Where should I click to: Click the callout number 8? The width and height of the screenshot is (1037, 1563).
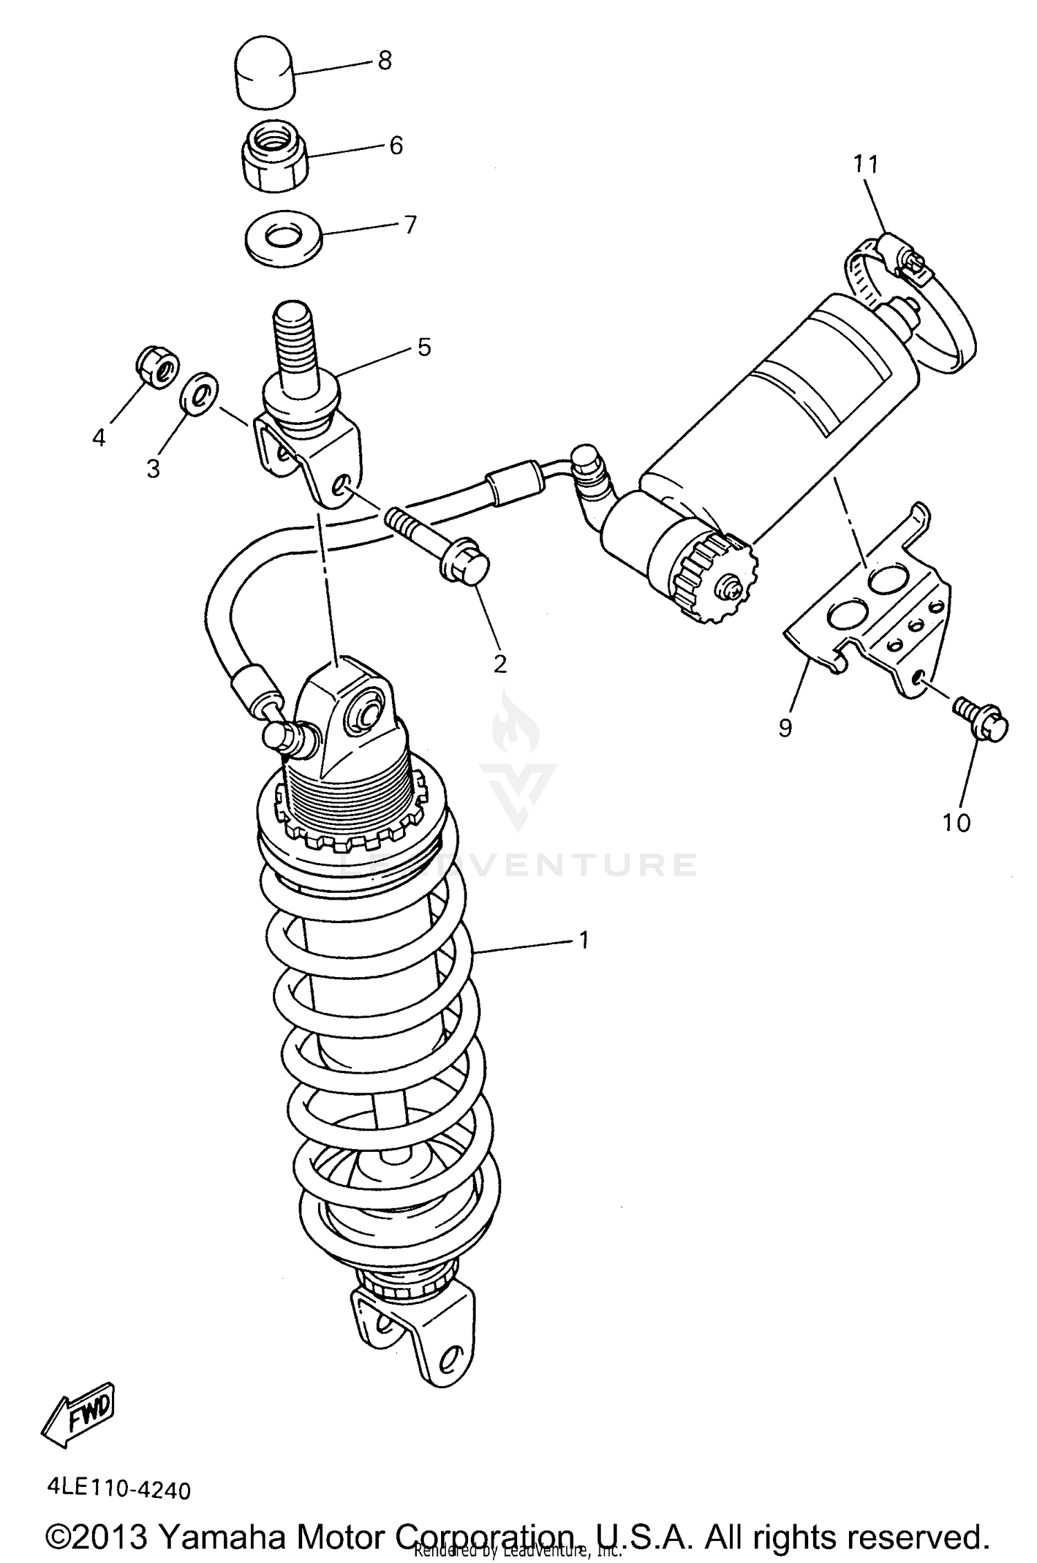click(385, 61)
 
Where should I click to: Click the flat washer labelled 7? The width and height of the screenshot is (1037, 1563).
click(284, 237)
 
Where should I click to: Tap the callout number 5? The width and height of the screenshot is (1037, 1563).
click(424, 347)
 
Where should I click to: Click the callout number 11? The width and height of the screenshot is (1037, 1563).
click(865, 164)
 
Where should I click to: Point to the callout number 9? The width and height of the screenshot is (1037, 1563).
click(785, 727)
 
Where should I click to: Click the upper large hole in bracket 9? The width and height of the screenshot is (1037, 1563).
click(889, 578)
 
